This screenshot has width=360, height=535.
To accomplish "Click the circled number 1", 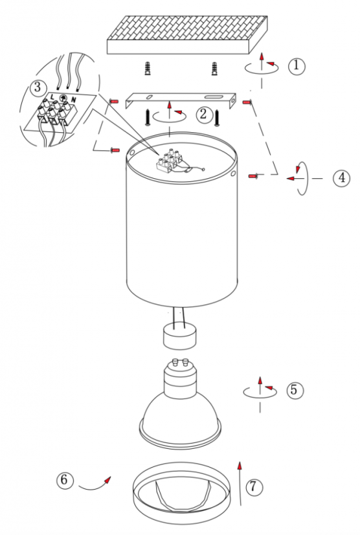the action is coord(296,65).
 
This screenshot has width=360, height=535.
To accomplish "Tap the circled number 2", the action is coord(203,114).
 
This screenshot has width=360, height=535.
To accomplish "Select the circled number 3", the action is coord(37,87).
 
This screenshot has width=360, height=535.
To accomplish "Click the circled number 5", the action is coord(294,390).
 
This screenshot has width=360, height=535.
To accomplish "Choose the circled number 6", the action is coord(65,480).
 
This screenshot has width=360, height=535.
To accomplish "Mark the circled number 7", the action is coord(253,486).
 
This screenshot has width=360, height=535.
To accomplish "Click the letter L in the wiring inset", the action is coord(52,98).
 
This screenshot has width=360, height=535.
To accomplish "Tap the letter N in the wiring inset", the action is coord(73,100).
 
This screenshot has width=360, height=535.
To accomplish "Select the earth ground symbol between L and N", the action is coord(63,98).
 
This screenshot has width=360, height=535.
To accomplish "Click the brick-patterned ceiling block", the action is coord(187,35).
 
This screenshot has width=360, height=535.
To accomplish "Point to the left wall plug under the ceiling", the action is coord(148,69).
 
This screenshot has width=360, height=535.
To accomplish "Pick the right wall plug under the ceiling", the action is coord(214,69).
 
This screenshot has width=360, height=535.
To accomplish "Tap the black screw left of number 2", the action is coord(148,117).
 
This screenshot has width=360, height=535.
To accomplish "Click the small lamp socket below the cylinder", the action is coord(180,336).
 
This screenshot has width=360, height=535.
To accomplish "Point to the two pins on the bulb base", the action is coord(181,361).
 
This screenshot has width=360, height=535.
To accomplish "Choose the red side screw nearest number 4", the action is coord(254,176).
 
